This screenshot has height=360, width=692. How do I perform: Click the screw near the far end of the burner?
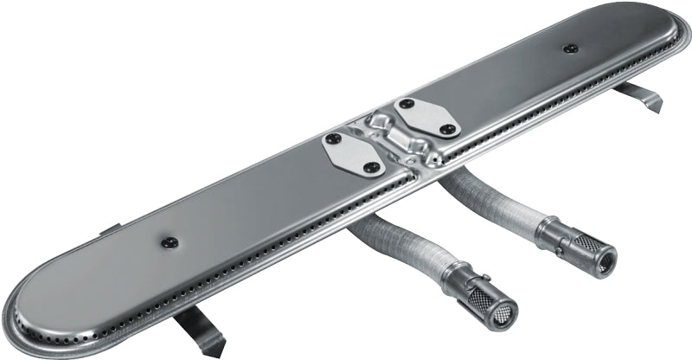(x=569, y=48)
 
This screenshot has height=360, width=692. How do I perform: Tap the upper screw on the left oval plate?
(x=330, y=138)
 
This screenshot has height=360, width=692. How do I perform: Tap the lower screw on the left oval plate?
(x=370, y=166)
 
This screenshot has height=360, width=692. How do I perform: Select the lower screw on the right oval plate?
(x=446, y=129)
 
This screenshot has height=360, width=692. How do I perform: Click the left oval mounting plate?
(x=350, y=152)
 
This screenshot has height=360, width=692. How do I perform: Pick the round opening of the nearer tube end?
(x=504, y=315)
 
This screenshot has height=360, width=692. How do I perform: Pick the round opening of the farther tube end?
(x=603, y=265)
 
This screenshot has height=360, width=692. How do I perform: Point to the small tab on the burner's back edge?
(x=111, y=230)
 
